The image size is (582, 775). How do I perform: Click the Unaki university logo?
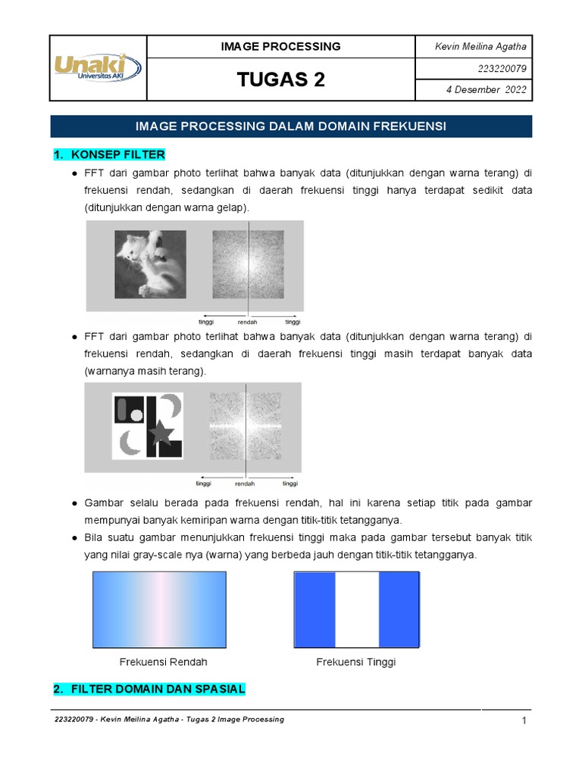pos(97,67)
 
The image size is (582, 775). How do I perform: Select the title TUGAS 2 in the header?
pos(280,79)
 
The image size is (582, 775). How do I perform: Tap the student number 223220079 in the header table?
pos(502,69)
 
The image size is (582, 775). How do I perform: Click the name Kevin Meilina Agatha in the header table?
pos(480,47)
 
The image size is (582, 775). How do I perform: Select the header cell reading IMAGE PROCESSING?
pos(280,47)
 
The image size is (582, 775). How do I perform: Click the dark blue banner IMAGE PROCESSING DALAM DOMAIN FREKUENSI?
pos(291,126)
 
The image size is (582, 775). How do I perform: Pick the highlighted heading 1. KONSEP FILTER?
pos(109,155)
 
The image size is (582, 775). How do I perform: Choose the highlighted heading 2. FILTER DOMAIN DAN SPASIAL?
pos(149,689)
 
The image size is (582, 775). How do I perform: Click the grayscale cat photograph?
pos(150,264)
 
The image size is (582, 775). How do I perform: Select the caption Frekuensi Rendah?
pos(163,662)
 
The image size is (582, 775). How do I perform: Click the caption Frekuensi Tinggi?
pos(355,662)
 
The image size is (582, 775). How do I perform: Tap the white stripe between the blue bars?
pos(356,610)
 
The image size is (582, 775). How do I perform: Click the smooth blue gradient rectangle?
pos(159,610)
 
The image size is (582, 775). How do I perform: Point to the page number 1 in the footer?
pos(524,721)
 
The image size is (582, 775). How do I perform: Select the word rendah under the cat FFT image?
pos(248,322)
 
